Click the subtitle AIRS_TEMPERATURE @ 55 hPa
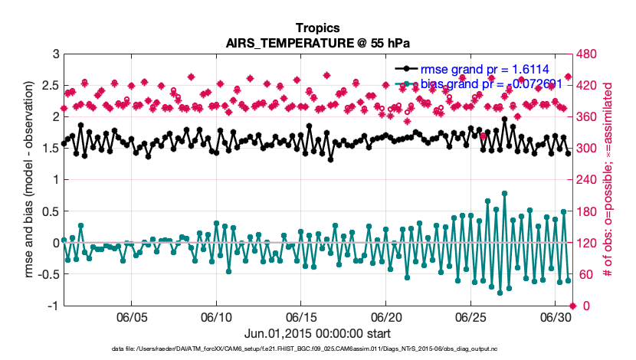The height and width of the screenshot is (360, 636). click(317, 43)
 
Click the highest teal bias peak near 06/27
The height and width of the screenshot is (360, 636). click(504, 194)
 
